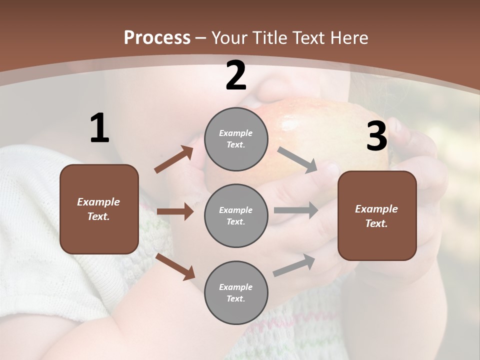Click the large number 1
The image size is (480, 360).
click(99, 128)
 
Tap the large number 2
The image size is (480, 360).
click(236, 75)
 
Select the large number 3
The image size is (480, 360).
click(376, 136)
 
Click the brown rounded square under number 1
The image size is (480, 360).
click(99, 209)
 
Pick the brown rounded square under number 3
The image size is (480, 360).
click(377, 216)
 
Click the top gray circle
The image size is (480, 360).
click(236, 139)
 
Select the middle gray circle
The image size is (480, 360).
click(236, 215)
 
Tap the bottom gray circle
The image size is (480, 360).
click(236, 292)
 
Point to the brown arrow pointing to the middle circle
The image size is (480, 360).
click(175, 211)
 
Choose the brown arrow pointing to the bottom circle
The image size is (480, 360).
click(175, 266)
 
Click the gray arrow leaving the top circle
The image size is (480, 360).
click(297, 160)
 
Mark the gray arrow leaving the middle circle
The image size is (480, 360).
click(295, 210)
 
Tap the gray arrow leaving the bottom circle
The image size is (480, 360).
click(294, 265)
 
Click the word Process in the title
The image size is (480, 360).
click(157, 37)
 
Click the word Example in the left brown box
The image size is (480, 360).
click(98, 202)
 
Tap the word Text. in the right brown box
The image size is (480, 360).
click(376, 223)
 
